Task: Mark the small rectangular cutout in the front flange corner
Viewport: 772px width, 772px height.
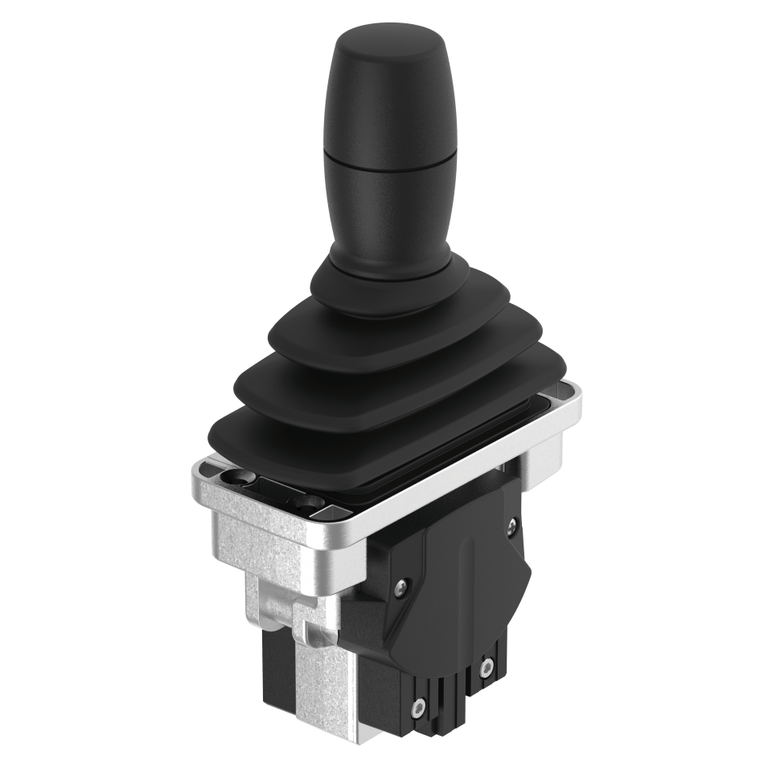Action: click(x=331, y=511)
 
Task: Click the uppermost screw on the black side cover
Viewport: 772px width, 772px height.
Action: click(x=512, y=528)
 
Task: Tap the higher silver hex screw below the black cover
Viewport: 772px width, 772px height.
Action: click(x=485, y=666)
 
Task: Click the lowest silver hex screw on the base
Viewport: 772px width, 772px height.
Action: click(x=417, y=708)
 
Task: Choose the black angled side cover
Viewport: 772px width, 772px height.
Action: click(x=458, y=579)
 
